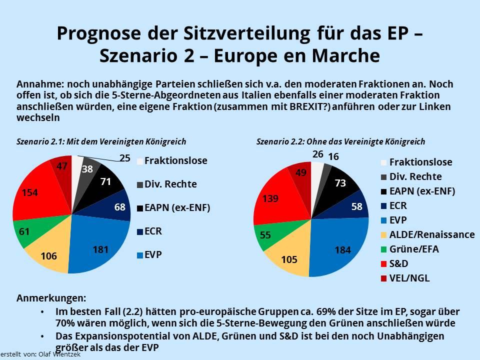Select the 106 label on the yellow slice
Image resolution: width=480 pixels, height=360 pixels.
coord(48,256)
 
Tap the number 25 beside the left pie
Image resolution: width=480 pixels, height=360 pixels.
coord(125,158)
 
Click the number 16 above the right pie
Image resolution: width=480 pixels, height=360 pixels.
coord(333,157)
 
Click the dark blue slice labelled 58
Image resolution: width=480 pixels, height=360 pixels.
coord(357,205)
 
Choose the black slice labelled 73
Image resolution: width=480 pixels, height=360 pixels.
coord(340,183)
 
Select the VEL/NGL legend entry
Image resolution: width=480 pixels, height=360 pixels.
coord(409,278)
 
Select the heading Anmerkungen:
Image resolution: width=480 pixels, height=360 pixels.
coord(51,298)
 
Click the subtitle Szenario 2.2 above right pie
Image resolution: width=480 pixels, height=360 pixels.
coord(340,141)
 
